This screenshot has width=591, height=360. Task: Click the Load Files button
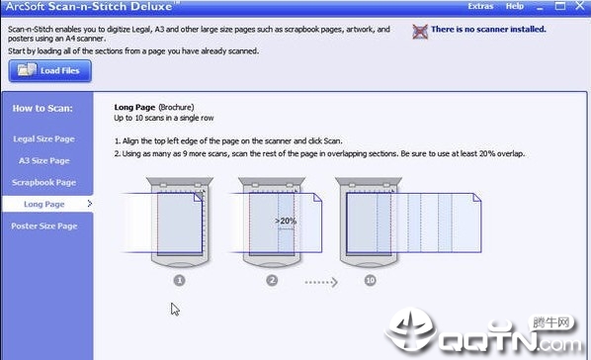point(49,70)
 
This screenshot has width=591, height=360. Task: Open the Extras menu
point(480,6)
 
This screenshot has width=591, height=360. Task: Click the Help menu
point(515,6)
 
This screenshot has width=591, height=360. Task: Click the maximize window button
point(560,6)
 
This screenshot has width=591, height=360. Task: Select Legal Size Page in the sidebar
point(44,138)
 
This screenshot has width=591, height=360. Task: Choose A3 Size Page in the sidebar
point(44,161)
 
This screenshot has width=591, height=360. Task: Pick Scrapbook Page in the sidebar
point(44,182)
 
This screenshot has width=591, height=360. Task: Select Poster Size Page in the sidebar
point(44,226)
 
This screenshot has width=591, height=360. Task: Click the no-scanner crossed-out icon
point(420,32)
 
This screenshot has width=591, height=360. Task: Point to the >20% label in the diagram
point(286,221)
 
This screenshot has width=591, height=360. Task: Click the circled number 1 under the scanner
point(180,280)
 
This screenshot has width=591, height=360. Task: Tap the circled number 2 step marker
point(272,280)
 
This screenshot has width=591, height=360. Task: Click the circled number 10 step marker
point(371,280)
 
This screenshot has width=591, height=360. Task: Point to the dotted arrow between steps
point(321,282)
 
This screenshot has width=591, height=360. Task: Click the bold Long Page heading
point(134,107)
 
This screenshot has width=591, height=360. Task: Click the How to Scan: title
point(42,109)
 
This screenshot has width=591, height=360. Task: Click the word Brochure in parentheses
point(176,107)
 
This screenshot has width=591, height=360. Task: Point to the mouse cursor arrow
point(175,309)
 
